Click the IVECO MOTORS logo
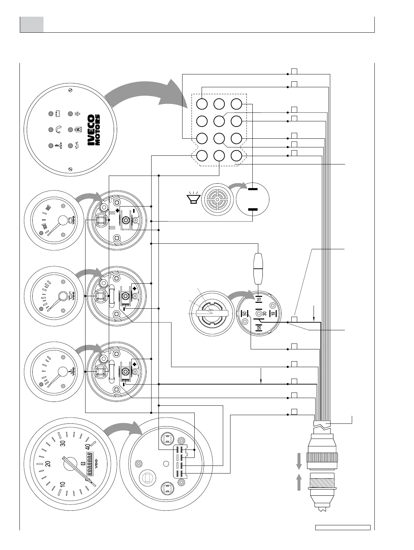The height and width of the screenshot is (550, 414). click(94, 130)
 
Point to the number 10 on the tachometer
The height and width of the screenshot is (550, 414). click(63, 484)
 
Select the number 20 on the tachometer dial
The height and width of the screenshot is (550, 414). click(48, 463)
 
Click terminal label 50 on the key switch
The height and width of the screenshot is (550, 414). click(245, 313)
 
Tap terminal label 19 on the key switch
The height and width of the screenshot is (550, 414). click(273, 313)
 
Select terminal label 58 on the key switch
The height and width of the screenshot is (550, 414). click(259, 327)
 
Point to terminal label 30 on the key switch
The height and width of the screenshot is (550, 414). click(264, 313)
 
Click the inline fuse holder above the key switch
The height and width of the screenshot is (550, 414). click(258, 266)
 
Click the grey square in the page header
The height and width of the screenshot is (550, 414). click(32, 24)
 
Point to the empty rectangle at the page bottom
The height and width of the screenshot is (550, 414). click(343, 537)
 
